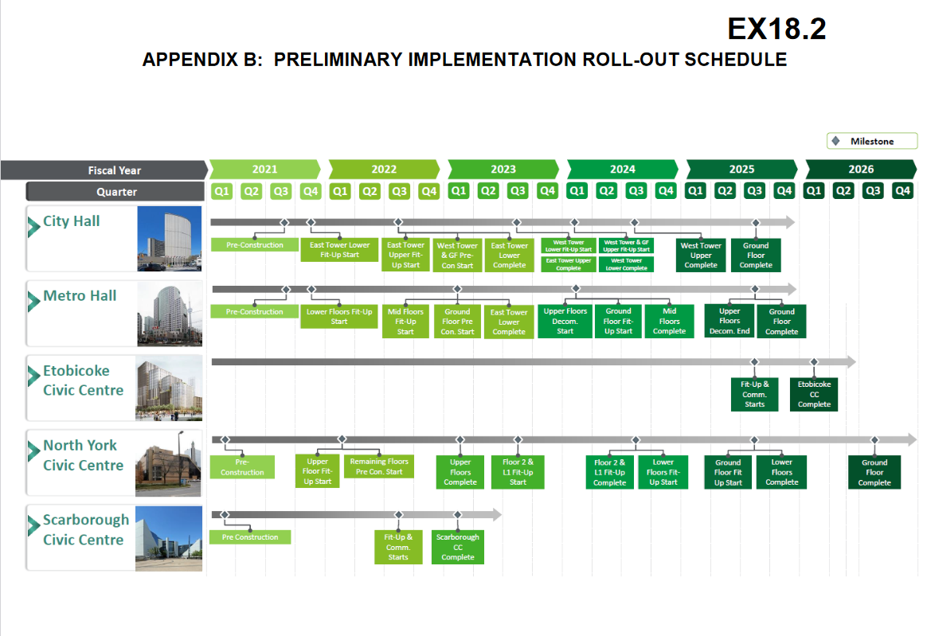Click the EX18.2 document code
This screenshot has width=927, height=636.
click(x=776, y=29)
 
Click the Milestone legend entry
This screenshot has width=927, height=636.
click(x=871, y=141)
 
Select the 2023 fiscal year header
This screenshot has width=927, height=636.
click(x=503, y=169)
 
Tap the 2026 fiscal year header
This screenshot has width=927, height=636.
click(x=860, y=169)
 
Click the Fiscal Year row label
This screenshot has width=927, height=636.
click(x=114, y=170)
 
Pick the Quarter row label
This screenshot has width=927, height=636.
click(x=116, y=191)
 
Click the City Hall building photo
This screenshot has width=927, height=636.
click(x=169, y=239)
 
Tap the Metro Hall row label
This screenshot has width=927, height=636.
click(x=80, y=296)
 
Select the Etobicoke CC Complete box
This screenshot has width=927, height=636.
click(x=814, y=394)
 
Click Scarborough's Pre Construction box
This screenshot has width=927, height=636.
click(x=250, y=537)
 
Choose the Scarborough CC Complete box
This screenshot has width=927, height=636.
click(x=458, y=547)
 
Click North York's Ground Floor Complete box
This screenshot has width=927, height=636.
click(x=874, y=472)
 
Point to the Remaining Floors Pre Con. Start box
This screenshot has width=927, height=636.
click(x=379, y=466)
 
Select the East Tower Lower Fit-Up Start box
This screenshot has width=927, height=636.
click(x=340, y=249)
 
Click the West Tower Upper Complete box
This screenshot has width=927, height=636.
click(x=701, y=255)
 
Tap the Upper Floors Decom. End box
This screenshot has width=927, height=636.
click(x=729, y=321)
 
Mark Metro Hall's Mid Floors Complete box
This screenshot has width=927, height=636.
click(x=669, y=321)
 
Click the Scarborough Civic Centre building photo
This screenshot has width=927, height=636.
click(x=169, y=537)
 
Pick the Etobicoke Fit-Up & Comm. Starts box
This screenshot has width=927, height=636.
click(x=754, y=394)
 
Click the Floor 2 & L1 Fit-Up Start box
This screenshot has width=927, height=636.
click(x=518, y=471)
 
